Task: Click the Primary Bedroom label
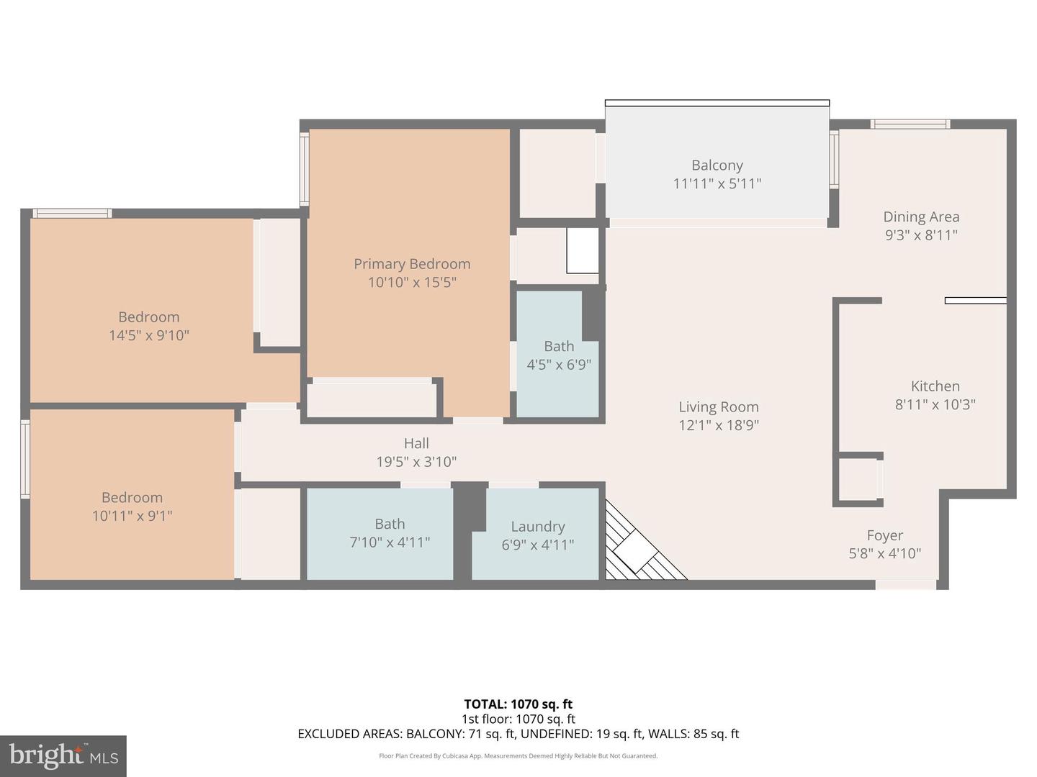coord(412,264)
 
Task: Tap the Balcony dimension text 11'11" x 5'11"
coord(717,183)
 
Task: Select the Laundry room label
coord(538,527)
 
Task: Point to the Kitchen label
coord(935,386)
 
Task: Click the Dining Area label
coord(921,217)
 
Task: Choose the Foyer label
coord(884,535)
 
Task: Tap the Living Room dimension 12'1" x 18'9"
coord(718,425)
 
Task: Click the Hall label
coord(416,444)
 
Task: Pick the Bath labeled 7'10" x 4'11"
coord(390,533)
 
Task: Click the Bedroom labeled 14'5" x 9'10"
coord(148,326)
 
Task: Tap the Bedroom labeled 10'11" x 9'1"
coord(132,506)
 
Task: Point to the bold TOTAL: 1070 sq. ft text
coord(518,704)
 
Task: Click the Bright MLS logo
coord(63,755)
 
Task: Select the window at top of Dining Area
coord(910,124)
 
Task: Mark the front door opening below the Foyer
coord(905,585)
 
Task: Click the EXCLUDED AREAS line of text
coord(518,734)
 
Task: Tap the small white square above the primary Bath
coord(582,250)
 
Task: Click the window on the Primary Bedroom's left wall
coord(304,170)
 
